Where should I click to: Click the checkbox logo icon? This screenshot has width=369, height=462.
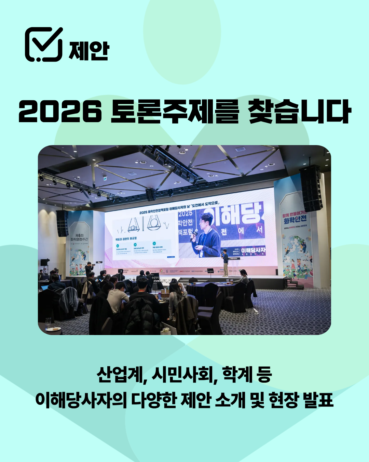[44, 44]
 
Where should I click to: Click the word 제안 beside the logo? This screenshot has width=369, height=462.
[89, 51]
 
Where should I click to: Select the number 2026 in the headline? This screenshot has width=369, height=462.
[60, 112]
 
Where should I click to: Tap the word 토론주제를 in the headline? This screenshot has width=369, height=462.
[175, 112]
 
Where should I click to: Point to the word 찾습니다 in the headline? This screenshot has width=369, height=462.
[299, 112]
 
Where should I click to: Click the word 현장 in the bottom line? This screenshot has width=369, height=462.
[283, 400]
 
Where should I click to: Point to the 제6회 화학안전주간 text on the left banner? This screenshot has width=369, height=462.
[79, 237]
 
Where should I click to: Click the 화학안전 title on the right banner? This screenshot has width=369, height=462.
[295, 218]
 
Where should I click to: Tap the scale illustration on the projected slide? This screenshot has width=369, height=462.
[143, 225]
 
